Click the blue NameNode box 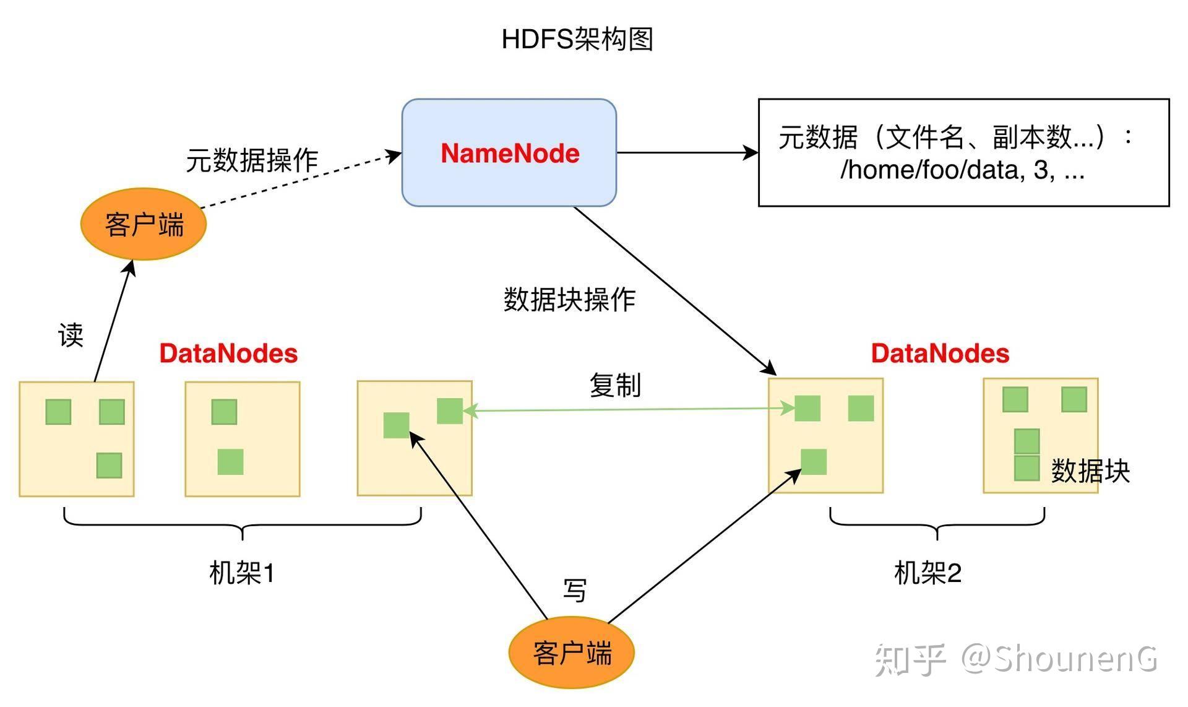pyautogui.click(x=509, y=152)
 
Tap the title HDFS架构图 pyautogui.click(x=577, y=39)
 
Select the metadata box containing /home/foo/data pyautogui.click(x=963, y=152)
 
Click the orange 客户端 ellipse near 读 pyautogui.click(x=144, y=224)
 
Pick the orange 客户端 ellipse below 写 pyautogui.click(x=572, y=653)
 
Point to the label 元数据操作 pyautogui.click(x=252, y=160)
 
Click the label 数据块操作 pyautogui.click(x=569, y=300)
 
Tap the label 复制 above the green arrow pyautogui.click(x=614, y=385)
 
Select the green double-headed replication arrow pyautogui.click(x=628, y=409)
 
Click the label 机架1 pyautogui.click(x=242, y=573)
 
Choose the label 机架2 pyautogui.click(x=928, y=573)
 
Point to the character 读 pyautogui.click(x=71, y=335)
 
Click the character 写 pyautogui.click(x=575, y=590)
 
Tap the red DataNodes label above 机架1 pyautogui.click(x=228, y=353)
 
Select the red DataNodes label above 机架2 pyautogui.click(x=940, y=353)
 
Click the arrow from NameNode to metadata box pyautogui.click(x=687, y=152)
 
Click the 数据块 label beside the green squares pyautogui.click(x=1090, y=471)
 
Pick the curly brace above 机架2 pyautogui.click(x=937, y=523)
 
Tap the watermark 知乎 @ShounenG pyautogui.click(x=1015, y=659)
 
